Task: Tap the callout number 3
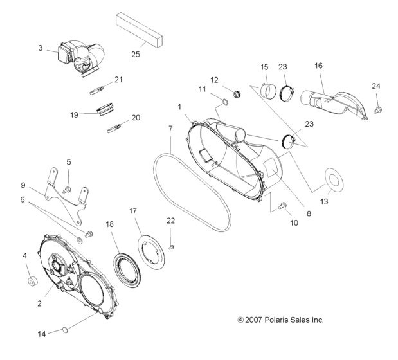click(x=41, y=48)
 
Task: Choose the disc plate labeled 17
click(x=152, y=248)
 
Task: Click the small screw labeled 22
click(x=171, y=246)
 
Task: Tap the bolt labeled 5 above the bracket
click(x=68, y=188)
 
